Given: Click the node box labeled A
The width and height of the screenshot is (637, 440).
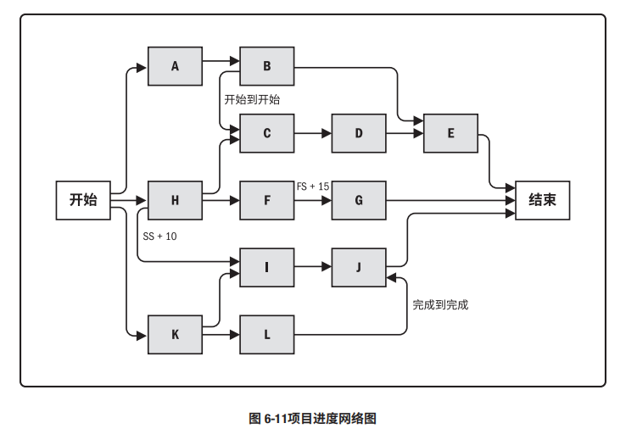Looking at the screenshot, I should coord(175,65).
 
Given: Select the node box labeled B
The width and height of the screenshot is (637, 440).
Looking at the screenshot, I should coord(266,65).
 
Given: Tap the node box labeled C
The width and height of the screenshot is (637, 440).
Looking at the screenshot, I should coord(266,133).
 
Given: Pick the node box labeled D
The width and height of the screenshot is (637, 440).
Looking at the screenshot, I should coord(358,133).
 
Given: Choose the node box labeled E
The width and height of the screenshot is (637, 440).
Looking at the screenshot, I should coord(450,133).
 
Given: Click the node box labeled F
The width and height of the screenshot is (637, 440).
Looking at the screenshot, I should coord(266,200).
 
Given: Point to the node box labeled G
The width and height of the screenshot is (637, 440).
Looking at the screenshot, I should coord(358,200).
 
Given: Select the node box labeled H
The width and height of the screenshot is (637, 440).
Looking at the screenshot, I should coord(175,200).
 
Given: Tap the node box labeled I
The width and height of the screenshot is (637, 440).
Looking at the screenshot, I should coord(266,267).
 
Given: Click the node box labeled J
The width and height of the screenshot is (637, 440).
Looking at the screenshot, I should coord(358,267).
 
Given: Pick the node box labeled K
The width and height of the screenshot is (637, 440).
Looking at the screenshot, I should coord(175,334).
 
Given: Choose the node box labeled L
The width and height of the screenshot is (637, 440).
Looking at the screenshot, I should coord(266,334).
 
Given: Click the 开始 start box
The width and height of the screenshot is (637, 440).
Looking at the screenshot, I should coord(83,200).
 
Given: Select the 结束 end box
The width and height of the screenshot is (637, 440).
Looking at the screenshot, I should coord(542,200).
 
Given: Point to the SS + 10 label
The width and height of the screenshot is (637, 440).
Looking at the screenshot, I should coord(160,237).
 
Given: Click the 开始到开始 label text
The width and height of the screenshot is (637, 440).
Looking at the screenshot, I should coord(252,99).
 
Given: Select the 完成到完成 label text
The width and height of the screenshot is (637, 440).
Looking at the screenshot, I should coord(440,304).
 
